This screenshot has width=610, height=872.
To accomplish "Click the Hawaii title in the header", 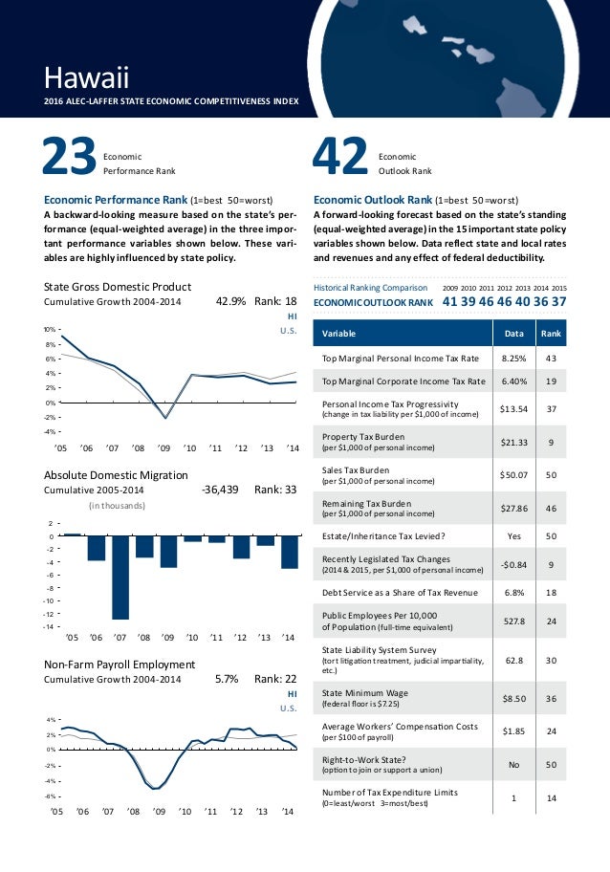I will pos(86,75).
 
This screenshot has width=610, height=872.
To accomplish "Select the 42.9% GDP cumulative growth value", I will pos(232,302).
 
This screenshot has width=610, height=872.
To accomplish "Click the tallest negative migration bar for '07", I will pos(120,577).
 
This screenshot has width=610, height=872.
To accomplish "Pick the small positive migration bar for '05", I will pos(71,534).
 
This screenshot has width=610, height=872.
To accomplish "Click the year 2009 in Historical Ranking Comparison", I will pos(452,287).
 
